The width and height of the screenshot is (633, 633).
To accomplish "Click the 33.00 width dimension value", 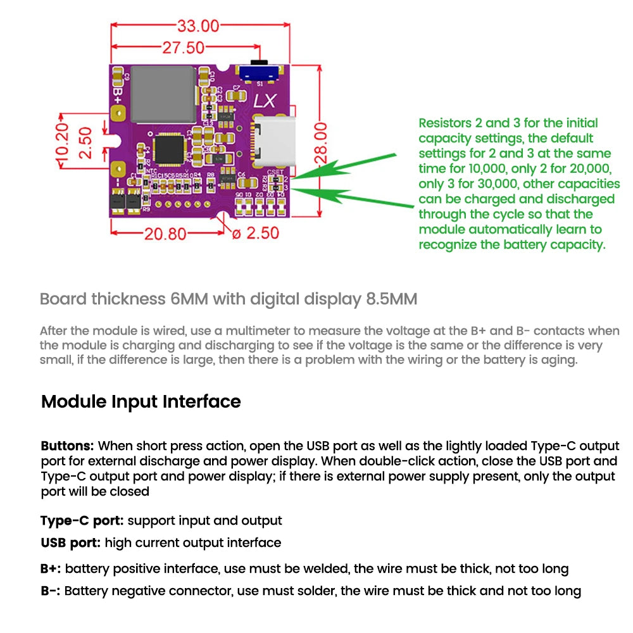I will [197, 26].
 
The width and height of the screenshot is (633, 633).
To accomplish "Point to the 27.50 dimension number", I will [183, 48].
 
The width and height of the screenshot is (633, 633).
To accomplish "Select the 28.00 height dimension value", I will [322, 143].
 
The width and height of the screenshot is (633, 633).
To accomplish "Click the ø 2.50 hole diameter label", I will [256, 233].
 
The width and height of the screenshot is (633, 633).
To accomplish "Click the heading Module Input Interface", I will [141, 402].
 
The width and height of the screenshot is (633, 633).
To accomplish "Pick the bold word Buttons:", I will [68, 446].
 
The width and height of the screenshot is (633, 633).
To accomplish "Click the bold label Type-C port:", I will [82, 520].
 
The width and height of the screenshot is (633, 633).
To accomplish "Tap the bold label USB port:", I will [70, 542].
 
